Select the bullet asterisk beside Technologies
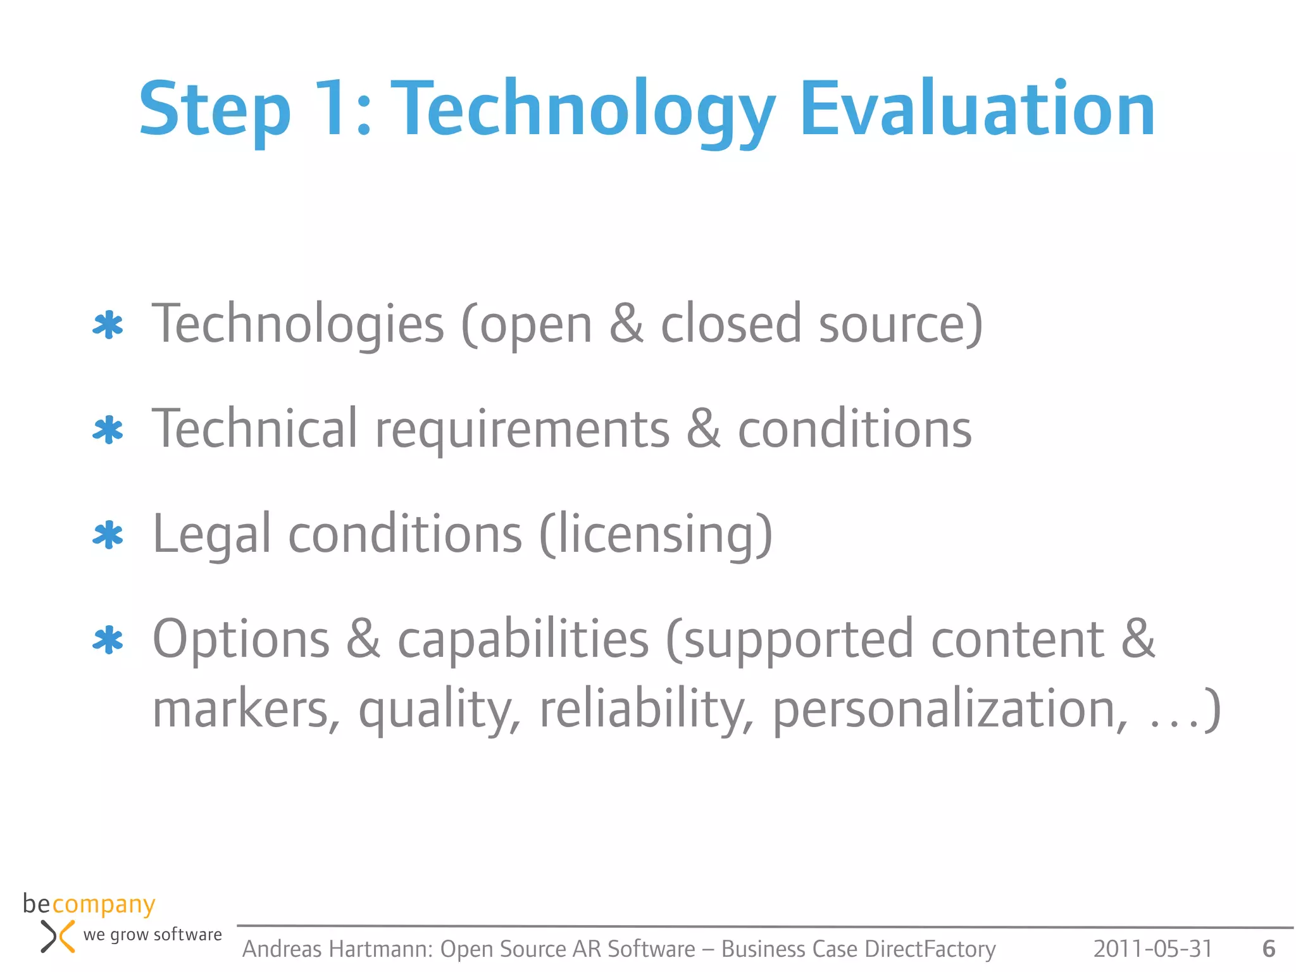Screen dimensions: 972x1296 click(108, 326)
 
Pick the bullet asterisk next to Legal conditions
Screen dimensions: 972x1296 click(108, 535)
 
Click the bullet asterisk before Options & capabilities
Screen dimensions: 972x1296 click(108, 640)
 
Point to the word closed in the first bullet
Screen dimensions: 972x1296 click(731, 324)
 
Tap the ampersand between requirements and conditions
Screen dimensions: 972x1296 click(703, 429)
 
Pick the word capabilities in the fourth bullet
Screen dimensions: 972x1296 click(523, 639)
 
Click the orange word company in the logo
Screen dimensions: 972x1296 click(103, 905)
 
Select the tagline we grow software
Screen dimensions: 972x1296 click(153, 935)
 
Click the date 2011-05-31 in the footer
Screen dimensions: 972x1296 click(1152, 949)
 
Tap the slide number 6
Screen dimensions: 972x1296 click(1268, 949)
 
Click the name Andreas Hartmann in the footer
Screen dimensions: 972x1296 click(337, 949)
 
